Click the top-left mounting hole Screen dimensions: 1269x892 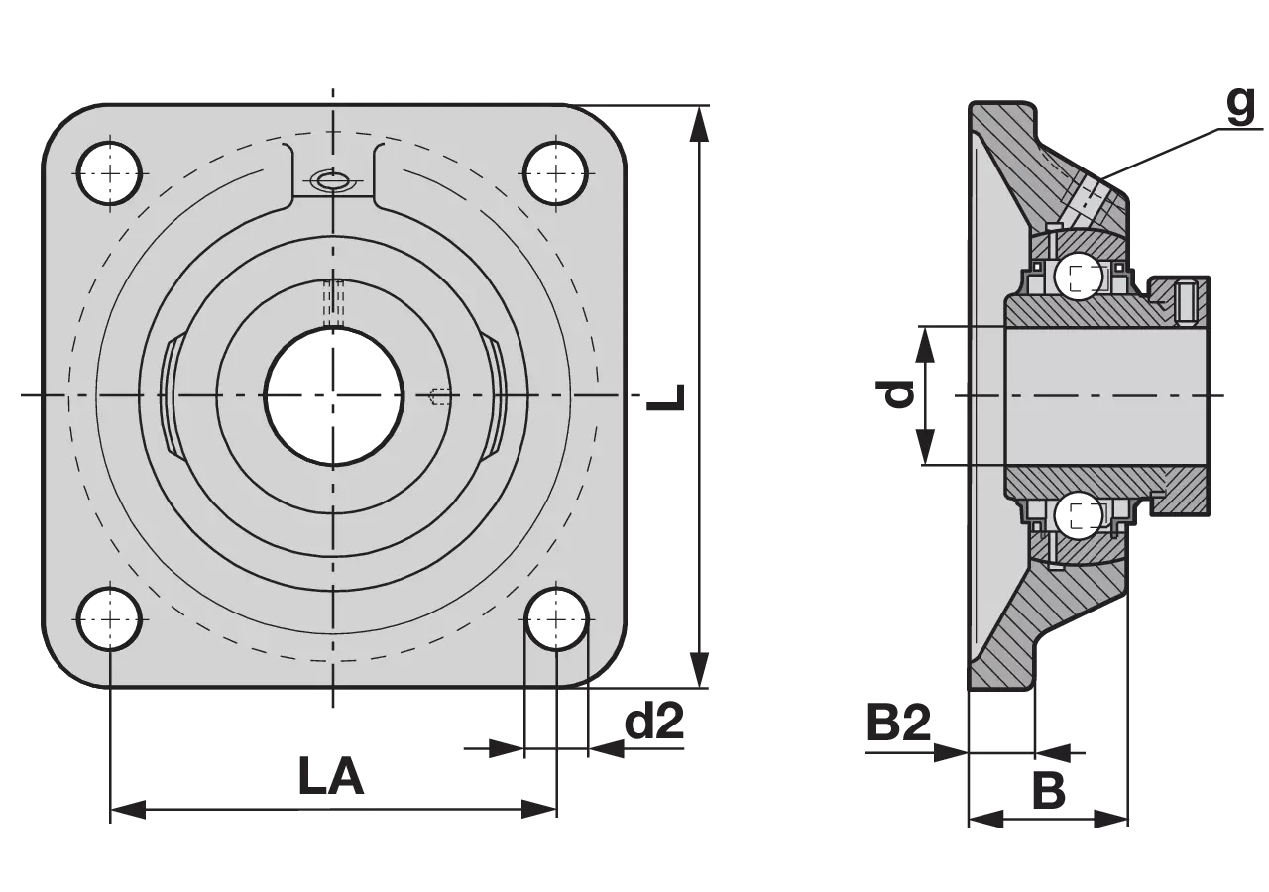(x=109, y=172)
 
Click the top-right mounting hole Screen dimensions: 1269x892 (x=556, y=172)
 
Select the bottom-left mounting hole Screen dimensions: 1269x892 (x=109, y=619)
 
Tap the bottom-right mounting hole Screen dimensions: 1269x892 (x=556, y=619)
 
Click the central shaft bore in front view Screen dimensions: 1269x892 (x=334, y=395)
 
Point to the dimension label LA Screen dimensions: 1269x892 (x=331, y=776)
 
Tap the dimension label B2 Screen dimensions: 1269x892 (x=899, y=723)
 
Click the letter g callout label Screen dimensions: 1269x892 (x=1240, y=106)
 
